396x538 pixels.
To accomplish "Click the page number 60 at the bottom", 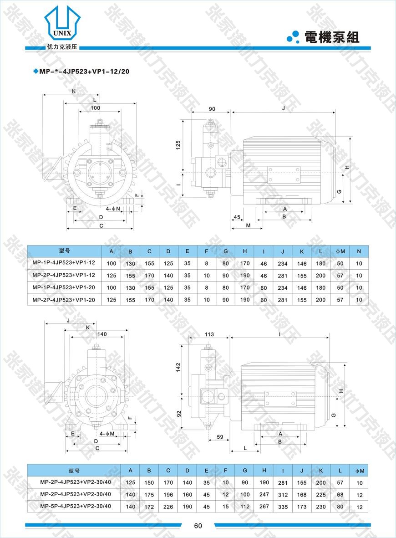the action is tap(198, 526).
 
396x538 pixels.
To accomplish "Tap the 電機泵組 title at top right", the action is tap(332, 37).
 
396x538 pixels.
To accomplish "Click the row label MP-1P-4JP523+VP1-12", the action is tap(64, 263).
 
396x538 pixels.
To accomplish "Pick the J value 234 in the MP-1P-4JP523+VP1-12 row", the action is tap(283, 263).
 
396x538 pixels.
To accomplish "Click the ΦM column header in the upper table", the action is tap(340, 251).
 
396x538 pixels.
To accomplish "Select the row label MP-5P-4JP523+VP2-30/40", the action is tap(76, 506).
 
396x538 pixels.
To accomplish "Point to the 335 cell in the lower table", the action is tap(283, 507).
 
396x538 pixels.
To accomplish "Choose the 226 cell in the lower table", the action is tap(168, 507).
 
